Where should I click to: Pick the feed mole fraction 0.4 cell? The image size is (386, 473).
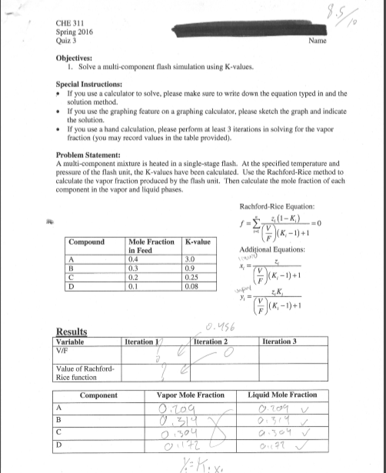[136, 258]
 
